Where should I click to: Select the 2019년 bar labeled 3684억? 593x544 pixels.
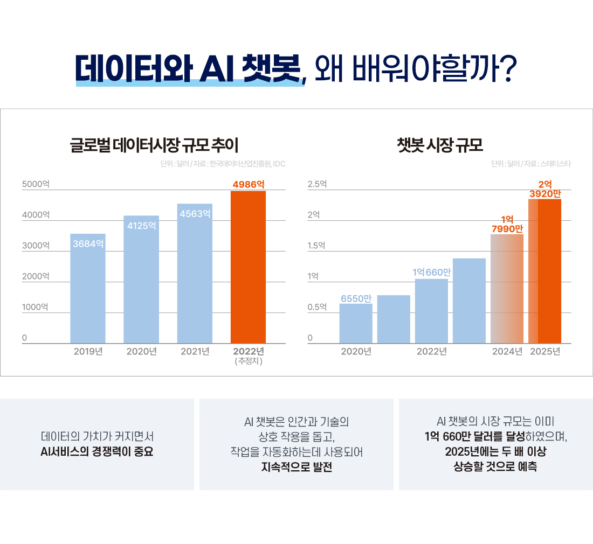click(88, 291)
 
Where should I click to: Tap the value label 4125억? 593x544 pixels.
click(141, 226)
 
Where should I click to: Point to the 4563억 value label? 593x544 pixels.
click(195, 214)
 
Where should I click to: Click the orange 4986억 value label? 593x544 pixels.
click(248, 184)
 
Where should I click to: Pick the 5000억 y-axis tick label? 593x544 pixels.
click(36, 184)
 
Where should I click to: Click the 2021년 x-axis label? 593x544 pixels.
click(195, 352)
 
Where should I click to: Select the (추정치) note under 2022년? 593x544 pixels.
click(249, 361)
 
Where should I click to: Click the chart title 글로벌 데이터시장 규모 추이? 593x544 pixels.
click(154, 145)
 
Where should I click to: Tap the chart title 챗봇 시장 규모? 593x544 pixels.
click(439, 145)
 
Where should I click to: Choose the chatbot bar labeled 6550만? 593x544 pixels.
click(356, 323)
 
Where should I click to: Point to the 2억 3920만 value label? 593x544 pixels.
click(545, 189)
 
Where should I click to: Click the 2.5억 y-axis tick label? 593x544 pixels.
click(317, 184)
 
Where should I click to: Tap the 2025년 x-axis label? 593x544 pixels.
click(545, 352)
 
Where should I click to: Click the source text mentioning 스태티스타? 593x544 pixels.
click(530, 163)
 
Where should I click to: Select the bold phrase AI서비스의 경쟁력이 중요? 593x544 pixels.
click(97, 451)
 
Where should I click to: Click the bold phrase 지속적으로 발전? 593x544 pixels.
click(296, 467)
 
